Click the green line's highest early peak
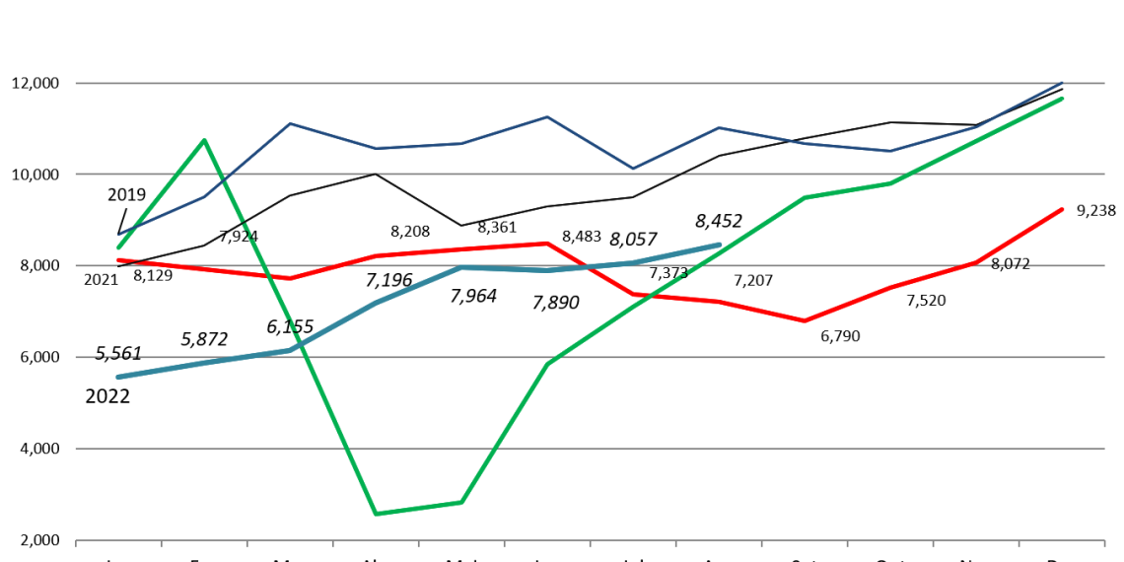(204, 140)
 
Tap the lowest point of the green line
(376, 514)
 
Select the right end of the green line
(1063, 98)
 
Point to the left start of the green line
(118, 247)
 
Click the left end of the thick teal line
(118, 377)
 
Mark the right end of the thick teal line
(720, 245)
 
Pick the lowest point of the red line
(805, 320)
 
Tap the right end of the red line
(1063, 209)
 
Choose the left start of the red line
(118, 260)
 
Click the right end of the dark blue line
(1063, 82)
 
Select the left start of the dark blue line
(119, 235)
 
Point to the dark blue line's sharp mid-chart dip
(633, 169)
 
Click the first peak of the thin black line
(375, 174)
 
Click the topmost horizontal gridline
(592, 83)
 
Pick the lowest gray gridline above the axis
(592, 449)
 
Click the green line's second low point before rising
(461, 502)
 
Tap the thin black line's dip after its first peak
(460, 225)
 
